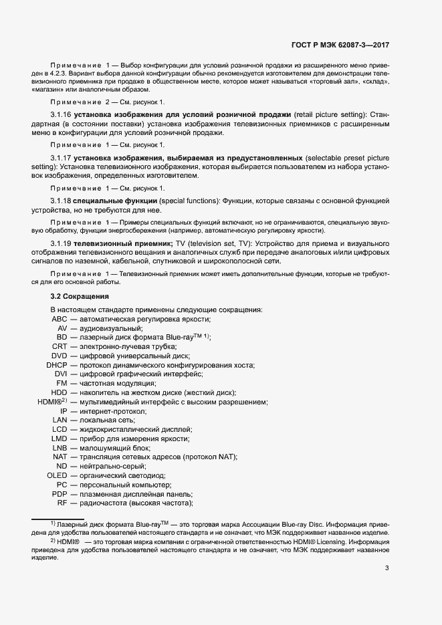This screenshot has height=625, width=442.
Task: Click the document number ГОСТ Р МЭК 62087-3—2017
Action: pyautogui.click(x=340, y=46)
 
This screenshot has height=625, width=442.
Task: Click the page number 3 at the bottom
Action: pyautogui.click(x=387, y=568)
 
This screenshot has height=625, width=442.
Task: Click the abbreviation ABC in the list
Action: pyautogui.click(x=60, y=319)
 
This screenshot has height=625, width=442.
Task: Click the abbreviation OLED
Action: pyautogui.click(x=57, y=475)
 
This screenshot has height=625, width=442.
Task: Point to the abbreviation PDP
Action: pyautogui.click(x=60, y=493)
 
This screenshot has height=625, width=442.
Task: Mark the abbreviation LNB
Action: pyautogui.click(x=60, y=448)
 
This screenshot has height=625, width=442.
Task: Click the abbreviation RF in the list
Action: pyautogui.click(x=62, y=503)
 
